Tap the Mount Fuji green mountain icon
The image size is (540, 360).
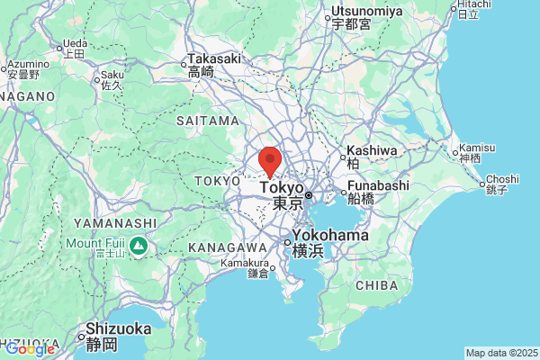tap(139, 245)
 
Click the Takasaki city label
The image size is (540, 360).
tap(214, 59)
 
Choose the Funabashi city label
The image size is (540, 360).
tap(378, 185)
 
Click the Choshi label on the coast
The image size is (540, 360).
tap(497, 179)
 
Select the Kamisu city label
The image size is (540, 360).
tap(476, 148)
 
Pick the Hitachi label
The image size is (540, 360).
tap(467, 5)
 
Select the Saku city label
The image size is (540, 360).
tap(112, 75)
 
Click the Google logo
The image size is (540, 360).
tap(30, 348)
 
